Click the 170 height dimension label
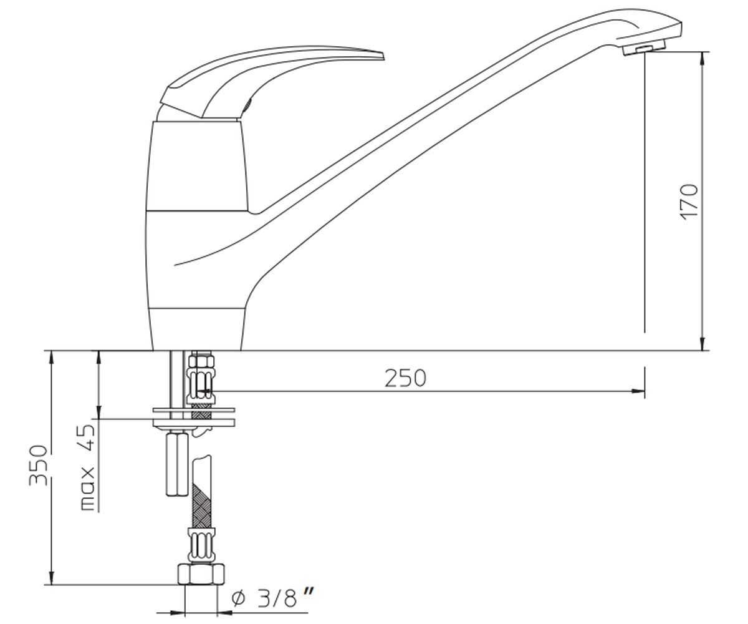690,202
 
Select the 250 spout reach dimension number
405,378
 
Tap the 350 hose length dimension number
38,466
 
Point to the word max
88,489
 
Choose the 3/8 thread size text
276,597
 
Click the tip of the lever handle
383,56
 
